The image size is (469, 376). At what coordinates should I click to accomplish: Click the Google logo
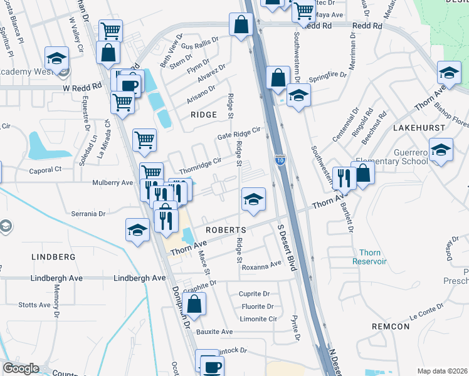(x=20, y=368)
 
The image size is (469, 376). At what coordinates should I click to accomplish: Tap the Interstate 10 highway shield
(x=280, y=160)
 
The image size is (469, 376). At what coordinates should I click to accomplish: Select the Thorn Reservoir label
(x=369, y=257)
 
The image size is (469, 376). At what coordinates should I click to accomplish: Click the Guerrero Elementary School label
(x=392, y=157)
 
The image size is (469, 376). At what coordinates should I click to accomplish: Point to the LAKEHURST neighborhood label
(x=419, y=127)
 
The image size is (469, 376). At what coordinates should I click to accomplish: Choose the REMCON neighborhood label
(x=390, y=326)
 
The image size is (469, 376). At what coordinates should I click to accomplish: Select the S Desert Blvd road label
(x=285, y=247)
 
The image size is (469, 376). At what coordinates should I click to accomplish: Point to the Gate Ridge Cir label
(x=238, y=133)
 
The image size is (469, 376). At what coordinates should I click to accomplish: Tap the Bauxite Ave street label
(x=214, y=332)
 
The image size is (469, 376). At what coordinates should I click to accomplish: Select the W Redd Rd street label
(x=82, y=88)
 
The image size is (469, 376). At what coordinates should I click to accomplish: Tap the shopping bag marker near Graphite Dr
(x=195, y=305)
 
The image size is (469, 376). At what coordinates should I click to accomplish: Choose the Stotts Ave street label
(x=34, y=305)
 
